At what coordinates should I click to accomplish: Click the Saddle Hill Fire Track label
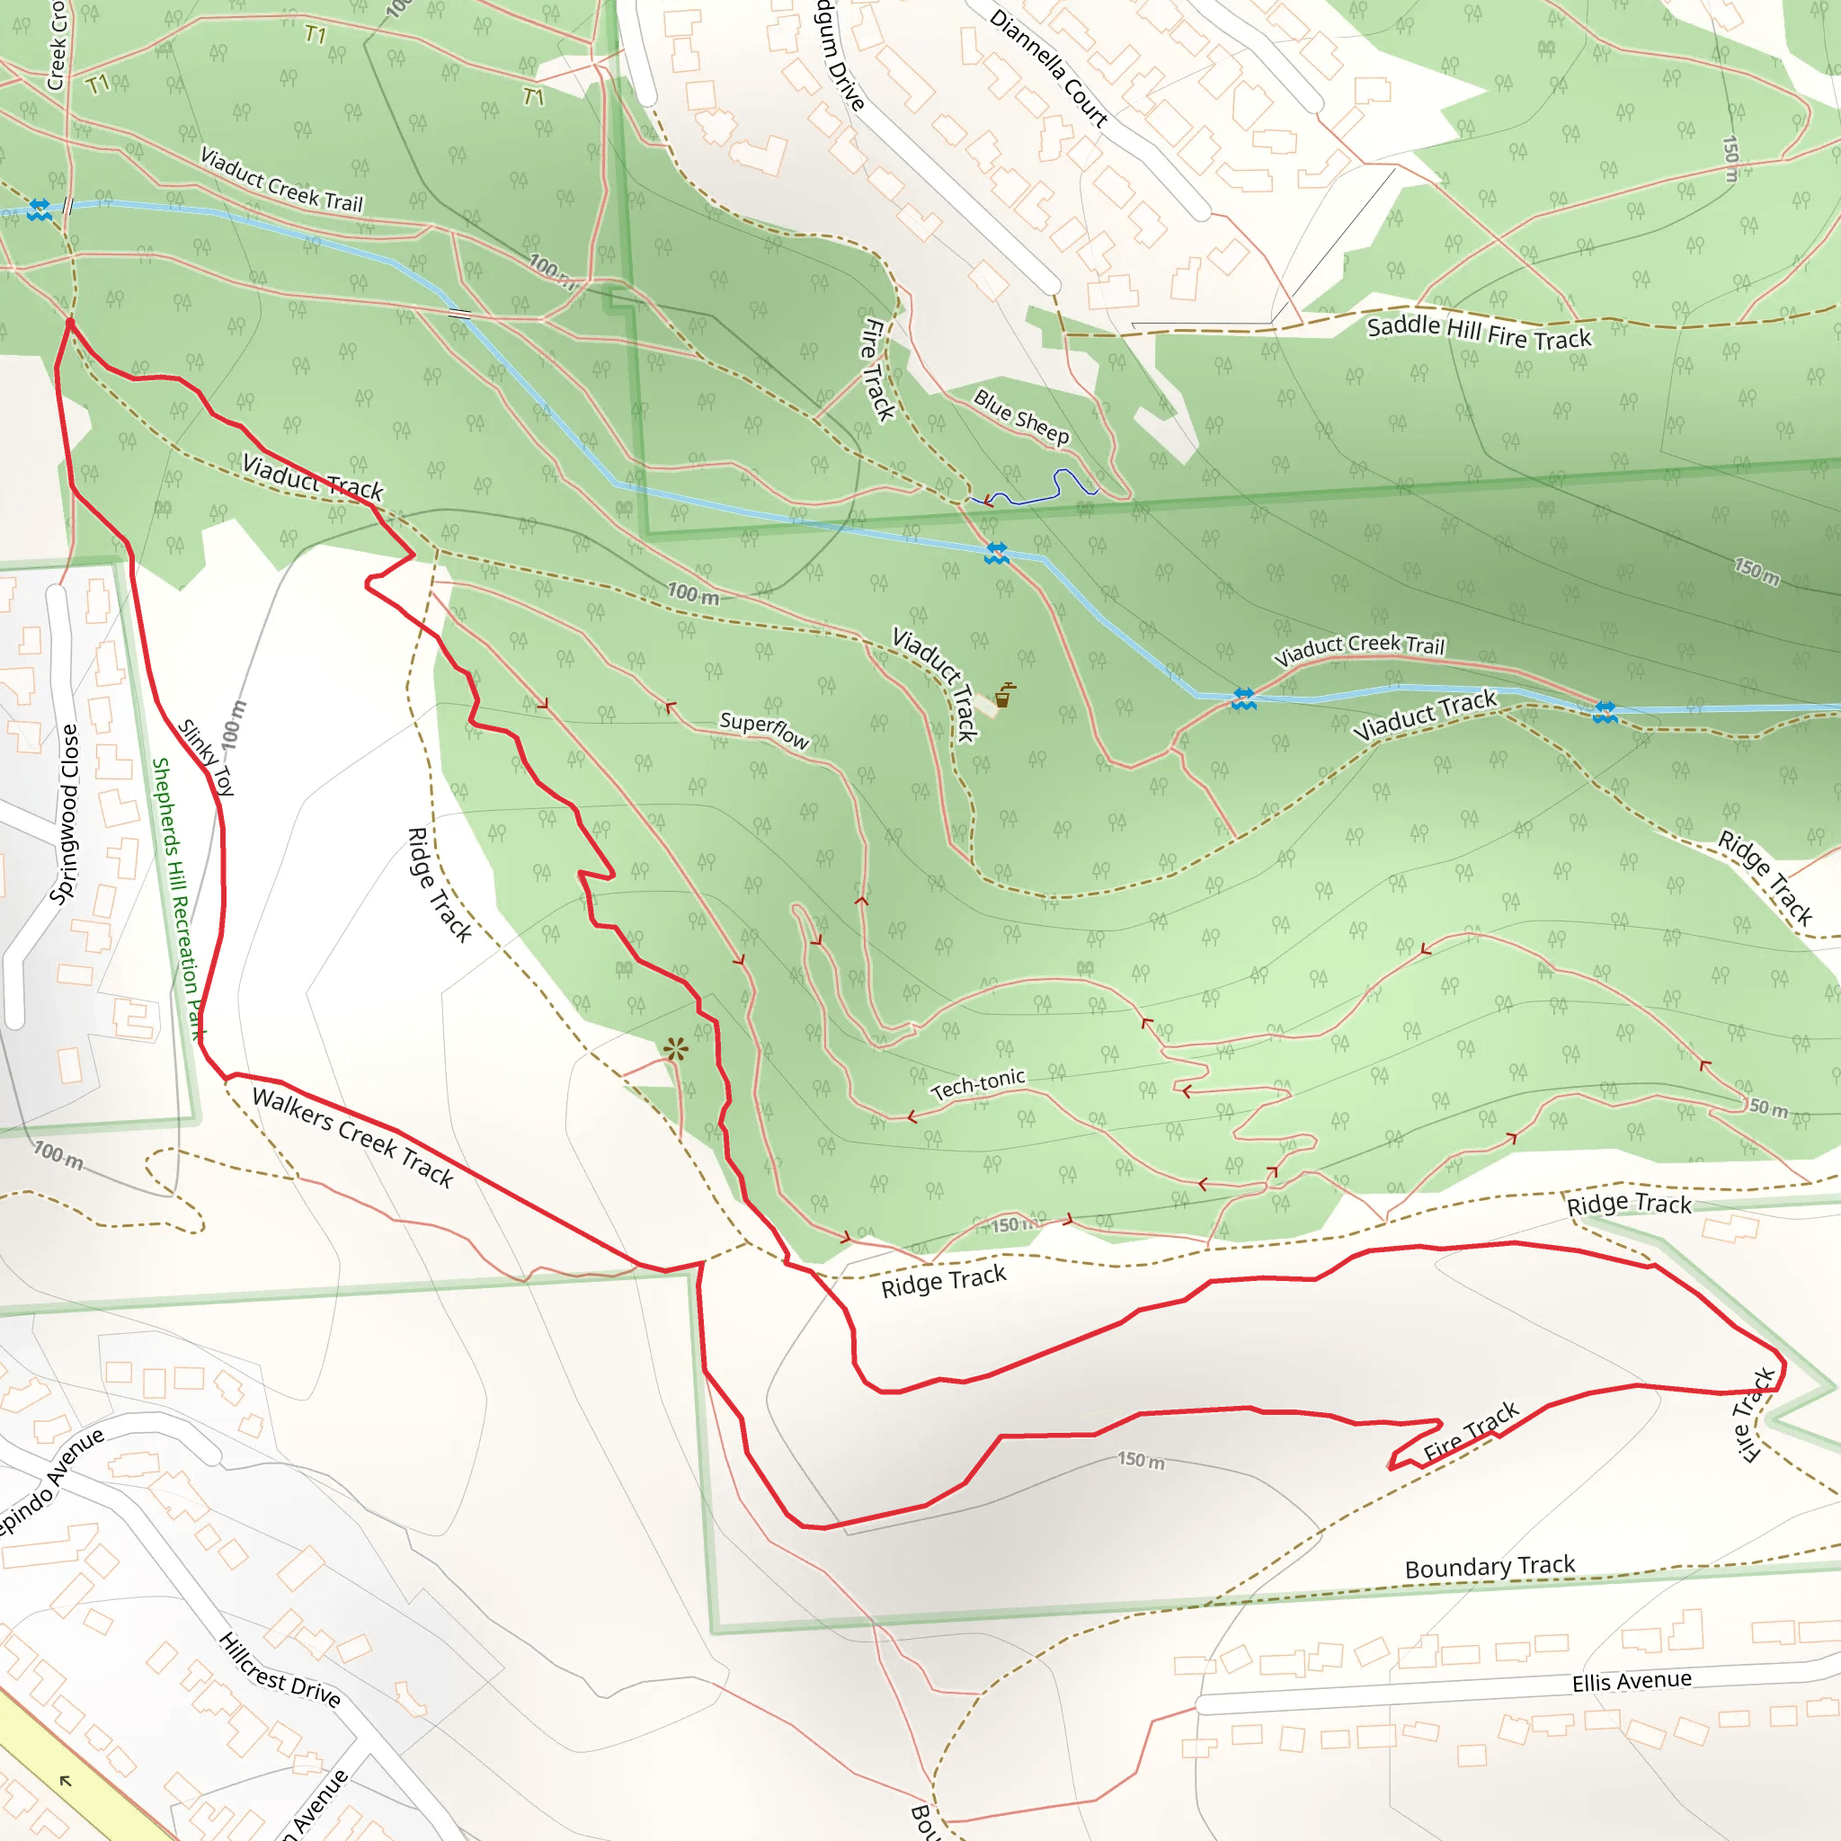[x=1478, y=332]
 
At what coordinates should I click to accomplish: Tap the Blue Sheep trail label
[x=1020, y=416]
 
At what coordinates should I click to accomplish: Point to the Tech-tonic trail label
[x=978, y=1084]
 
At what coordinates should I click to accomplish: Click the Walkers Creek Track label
[x=352, y=1137]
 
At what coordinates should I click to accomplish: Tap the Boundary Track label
[x=1490, y=1567]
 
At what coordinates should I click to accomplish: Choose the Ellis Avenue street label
[x=1632, y=1681]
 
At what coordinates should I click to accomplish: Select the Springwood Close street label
[x=64, y=814]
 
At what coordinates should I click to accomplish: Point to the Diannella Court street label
[x=1048, y=68]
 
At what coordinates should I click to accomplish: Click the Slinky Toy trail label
[x=206, y=757]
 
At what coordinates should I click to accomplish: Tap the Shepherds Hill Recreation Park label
[x=178, y=899]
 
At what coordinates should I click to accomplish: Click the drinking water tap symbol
[x=1004, y=696]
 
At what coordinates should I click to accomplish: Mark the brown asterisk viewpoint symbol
[x=676, y=1050]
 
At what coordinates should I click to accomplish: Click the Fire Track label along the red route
[x=1471, y=1431]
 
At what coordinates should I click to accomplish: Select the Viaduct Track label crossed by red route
[x=313, y=477]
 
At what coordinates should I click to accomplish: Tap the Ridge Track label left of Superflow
[x=440, y=885]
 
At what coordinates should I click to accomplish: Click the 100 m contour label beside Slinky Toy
[x=234, y=725]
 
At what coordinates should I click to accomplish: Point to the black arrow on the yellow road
[x=65, y=1780]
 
